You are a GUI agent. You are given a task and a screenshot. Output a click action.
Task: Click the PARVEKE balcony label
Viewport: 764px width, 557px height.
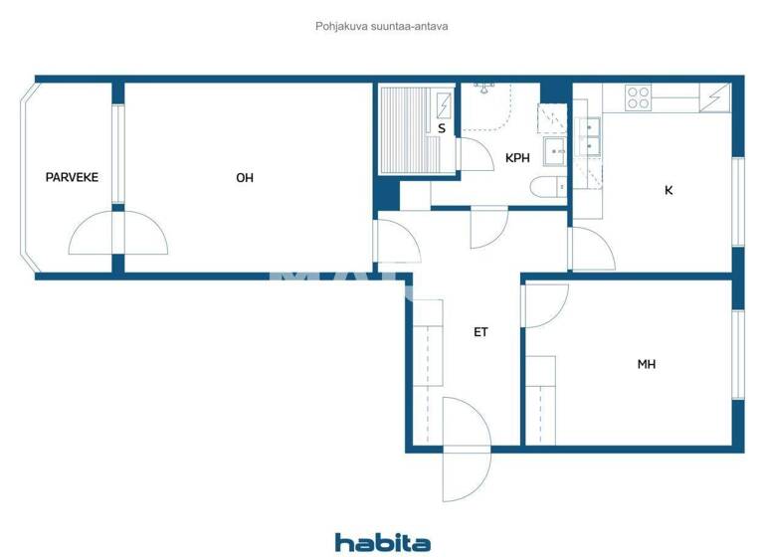pyautogui.click(x=72, y=177)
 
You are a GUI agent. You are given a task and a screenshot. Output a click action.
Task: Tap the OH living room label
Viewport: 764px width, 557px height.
pyautogui.click(x=245, y=178)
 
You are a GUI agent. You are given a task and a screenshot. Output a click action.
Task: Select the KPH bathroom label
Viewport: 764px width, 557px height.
pyautogui.click(x=517, y=157)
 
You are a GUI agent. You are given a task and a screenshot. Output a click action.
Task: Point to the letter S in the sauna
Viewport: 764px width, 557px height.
pyautogui.click(x=442, y=128)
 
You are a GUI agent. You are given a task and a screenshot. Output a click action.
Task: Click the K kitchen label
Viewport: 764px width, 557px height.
pyautogui.click(x=668, y=190)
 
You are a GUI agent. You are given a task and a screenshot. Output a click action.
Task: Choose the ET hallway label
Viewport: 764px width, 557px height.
pyautogui.click(x=480, y=332)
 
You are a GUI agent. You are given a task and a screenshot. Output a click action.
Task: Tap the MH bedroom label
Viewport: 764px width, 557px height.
pyautogui.click(x=647, y=364)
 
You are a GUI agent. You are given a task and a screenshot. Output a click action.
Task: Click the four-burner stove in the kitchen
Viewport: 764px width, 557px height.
pyautogui.click(x=638, y=96)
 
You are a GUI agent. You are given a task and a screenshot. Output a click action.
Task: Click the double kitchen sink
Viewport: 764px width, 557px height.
pyautogui.click(x=591, y=137)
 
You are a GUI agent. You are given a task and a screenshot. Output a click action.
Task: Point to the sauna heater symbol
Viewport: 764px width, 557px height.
pyautogui.click(x=443, y=102)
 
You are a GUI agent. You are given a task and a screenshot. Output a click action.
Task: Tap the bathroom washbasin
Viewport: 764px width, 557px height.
pyautogui.click(x=552, y=153)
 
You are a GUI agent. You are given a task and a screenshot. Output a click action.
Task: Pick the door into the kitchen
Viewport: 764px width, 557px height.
pyautogui.click(x=586, y=249)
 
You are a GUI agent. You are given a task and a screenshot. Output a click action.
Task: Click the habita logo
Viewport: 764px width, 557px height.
pyautogui.click(x=382, y=542)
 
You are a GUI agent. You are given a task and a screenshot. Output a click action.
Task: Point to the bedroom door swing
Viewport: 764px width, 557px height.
pyautogui.click(x=544, y=304)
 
